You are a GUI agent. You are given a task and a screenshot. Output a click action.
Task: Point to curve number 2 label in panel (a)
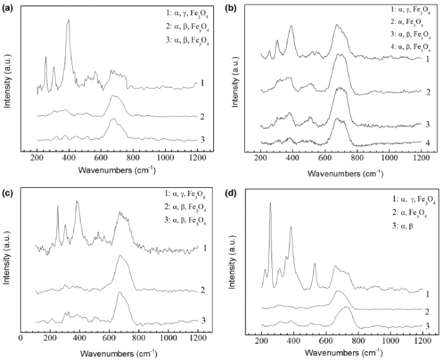tap(203, 116)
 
